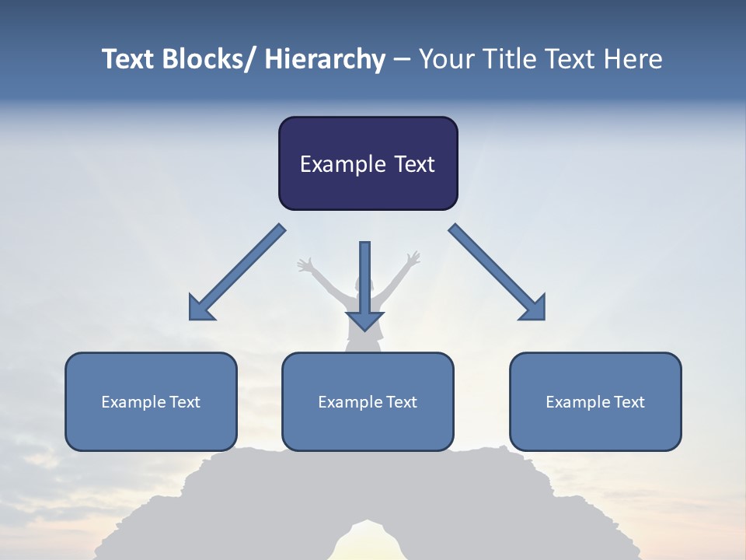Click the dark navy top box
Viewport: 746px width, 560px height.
[368, 163]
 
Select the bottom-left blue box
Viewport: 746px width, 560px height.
[151, 401]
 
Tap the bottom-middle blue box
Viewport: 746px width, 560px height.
[368, 401]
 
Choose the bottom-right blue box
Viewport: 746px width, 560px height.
[595, 401]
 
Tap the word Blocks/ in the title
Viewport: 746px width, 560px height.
[207, 59]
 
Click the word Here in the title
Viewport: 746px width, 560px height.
[631, 59]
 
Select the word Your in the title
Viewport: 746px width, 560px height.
[444, 59]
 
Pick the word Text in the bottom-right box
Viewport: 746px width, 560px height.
[629, 402]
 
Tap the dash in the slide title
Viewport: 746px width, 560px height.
[402, 60]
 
